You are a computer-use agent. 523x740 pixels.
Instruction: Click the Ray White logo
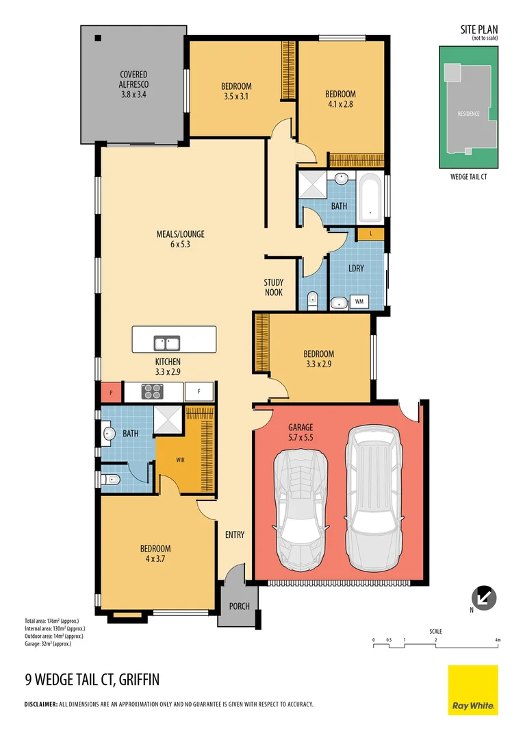point(473,690)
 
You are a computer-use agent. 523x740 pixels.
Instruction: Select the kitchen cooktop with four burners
point(153,391)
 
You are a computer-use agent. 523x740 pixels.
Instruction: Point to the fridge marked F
point(199,392)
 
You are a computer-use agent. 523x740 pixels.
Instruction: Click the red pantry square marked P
point(111,393)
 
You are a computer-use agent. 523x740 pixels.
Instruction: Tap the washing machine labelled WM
point(359,301)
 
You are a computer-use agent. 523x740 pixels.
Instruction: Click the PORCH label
point(238,606)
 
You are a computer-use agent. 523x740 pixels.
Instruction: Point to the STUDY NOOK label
point(274,288)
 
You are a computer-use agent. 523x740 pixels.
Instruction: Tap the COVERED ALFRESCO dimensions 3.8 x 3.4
point(133,95)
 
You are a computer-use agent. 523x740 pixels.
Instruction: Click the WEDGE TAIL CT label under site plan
point(469,177)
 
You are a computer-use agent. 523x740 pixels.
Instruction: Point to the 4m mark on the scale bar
point(498,640)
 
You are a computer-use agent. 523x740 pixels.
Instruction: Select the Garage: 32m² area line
point(48,644)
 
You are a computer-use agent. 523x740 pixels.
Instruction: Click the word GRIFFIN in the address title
point(139,680)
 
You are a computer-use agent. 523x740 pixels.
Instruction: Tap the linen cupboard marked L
point(370,234)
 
